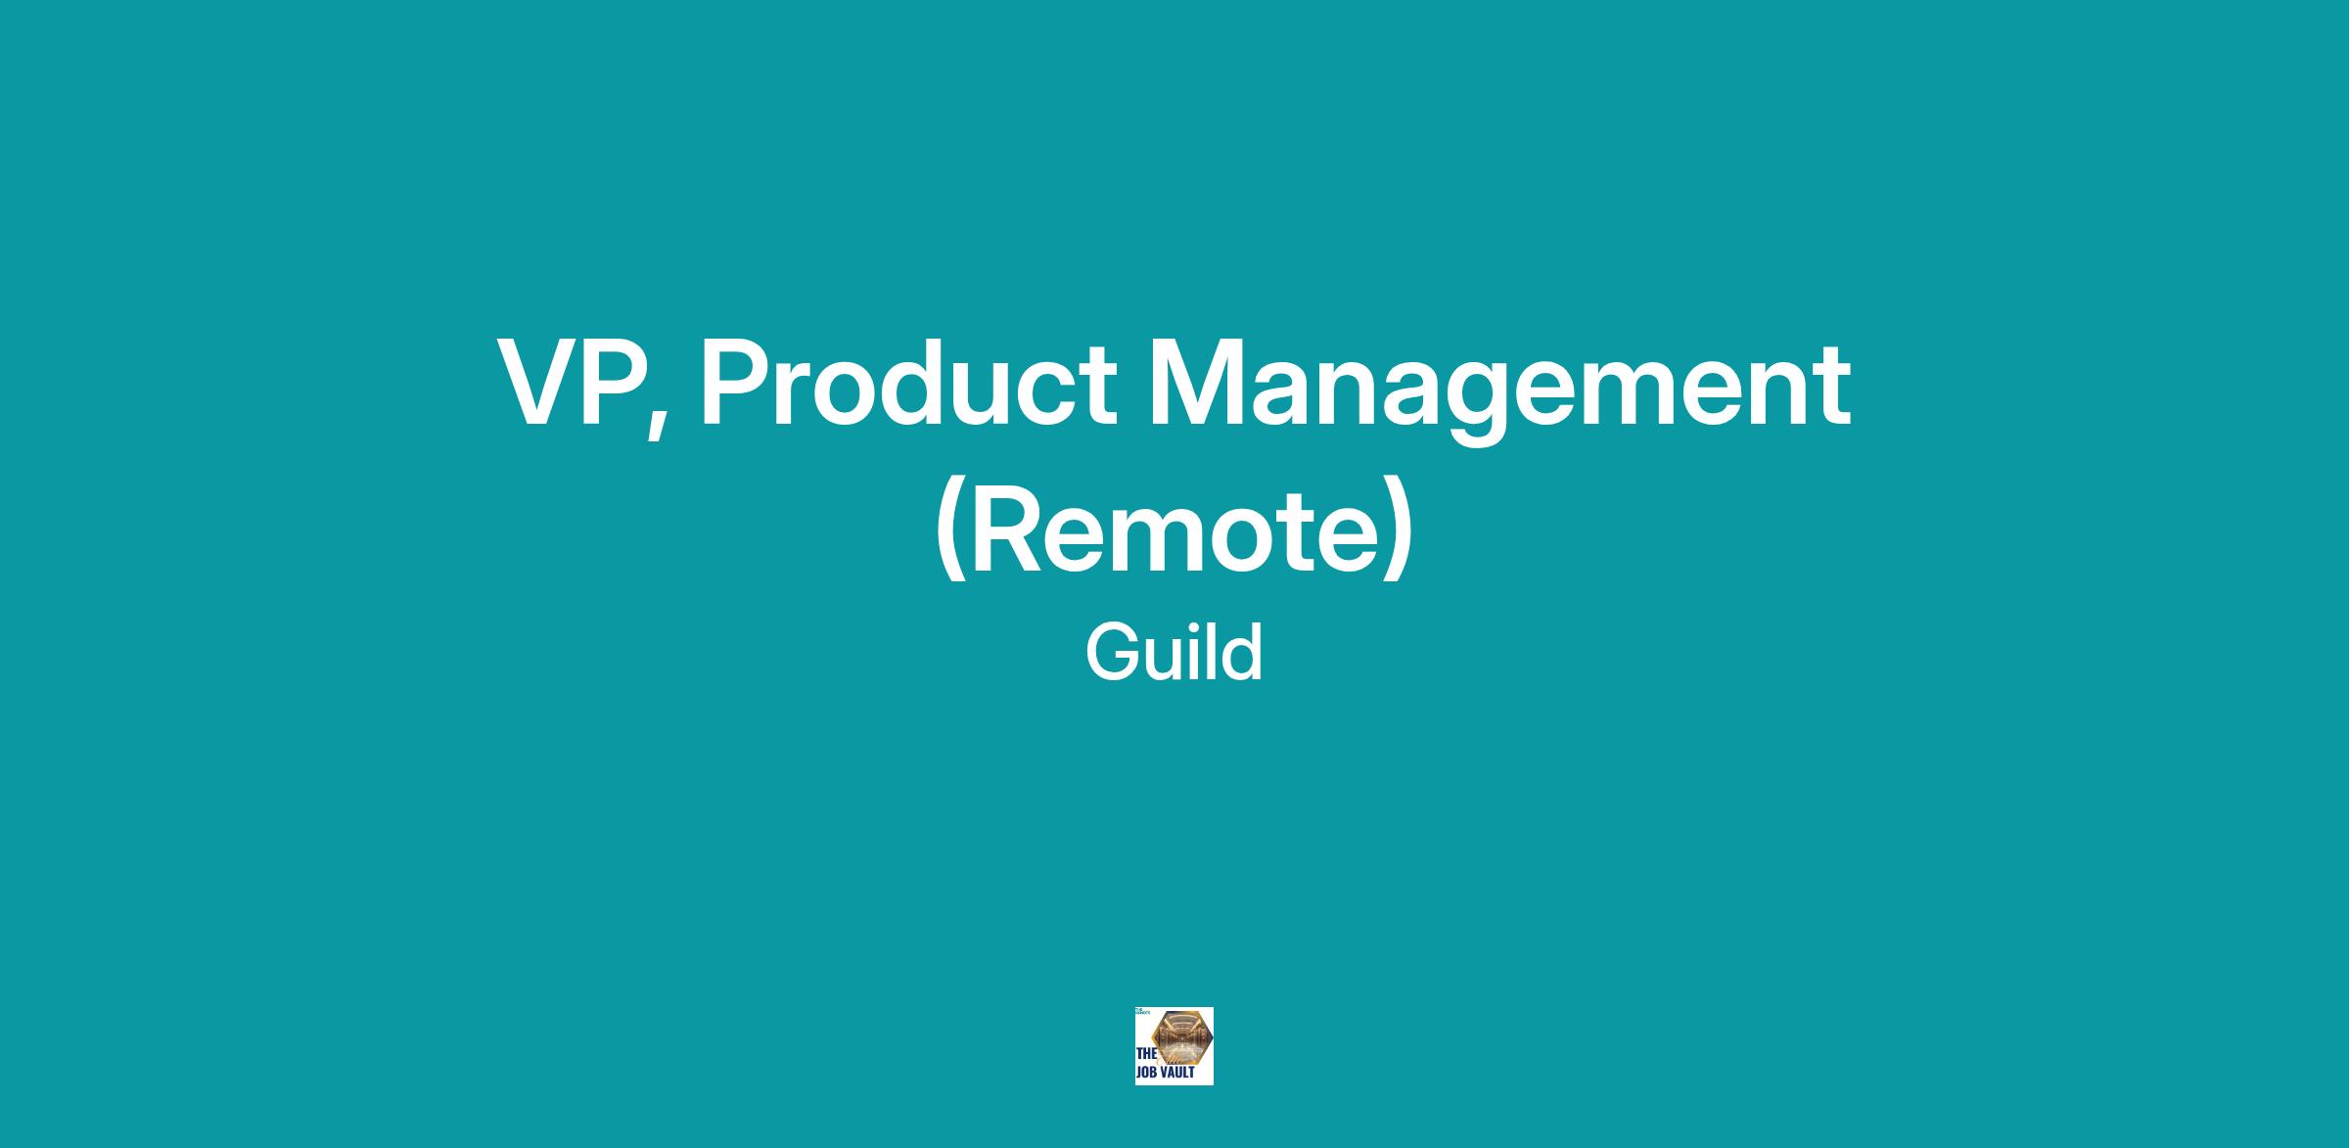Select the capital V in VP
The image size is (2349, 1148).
click(539, 383)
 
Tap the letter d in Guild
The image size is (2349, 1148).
click(1241, 652)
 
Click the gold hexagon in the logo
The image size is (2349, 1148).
click(1181, 1039)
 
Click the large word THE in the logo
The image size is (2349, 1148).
click(1146, 1055)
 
